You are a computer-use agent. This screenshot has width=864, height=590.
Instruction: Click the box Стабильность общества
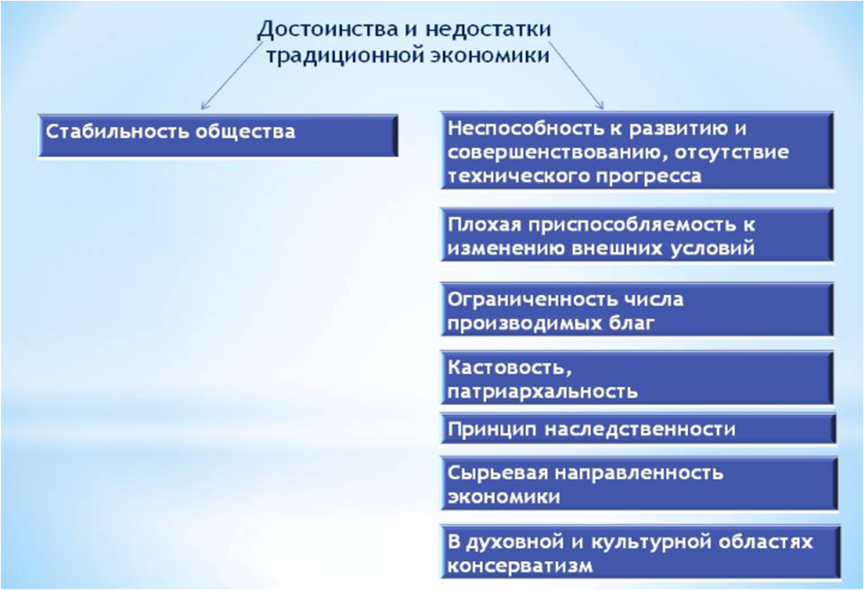pos(217,136)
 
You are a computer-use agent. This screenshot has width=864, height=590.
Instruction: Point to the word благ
pos(633,323)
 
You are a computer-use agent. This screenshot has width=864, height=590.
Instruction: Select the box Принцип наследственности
pos(637,428)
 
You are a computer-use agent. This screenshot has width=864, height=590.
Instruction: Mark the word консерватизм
pos(520,566)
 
